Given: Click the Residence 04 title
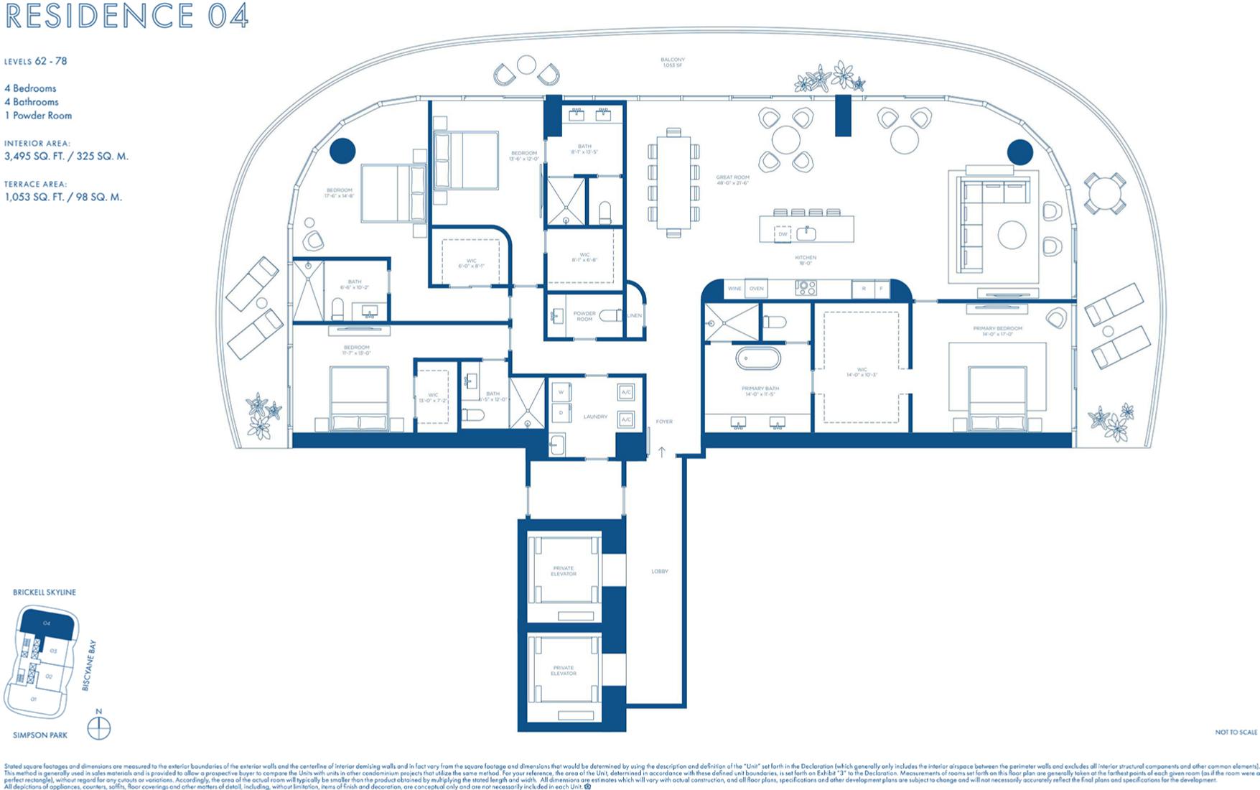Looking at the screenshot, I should tap(126, 16).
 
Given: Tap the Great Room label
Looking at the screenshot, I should tap(732, 180).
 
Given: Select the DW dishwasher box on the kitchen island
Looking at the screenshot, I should tap(783, 234).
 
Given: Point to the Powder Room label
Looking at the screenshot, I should tap(584, 316).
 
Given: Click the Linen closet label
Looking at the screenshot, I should tap(635, 316).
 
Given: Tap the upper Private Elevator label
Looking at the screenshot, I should tap(564, 571).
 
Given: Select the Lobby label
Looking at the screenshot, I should tap(659, 572).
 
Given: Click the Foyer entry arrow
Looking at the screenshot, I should tap(662, 452).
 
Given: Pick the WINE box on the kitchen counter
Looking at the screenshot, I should tap(734, 289).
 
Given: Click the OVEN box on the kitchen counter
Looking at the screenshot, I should tap(757, 289).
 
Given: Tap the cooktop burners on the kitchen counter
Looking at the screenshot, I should tap(806, 288).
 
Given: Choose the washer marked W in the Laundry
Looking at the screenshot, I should tap(561, 393).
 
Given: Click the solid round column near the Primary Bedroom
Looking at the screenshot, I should tap(1019, 152).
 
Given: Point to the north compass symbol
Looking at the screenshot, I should tap(98, 728).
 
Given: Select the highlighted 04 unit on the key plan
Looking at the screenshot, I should tap(47, 623).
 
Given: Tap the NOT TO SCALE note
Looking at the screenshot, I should tap(1236, 733).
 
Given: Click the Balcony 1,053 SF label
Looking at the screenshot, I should tap(673, 62).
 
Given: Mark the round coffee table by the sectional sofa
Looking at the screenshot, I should tap(1012, 235).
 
